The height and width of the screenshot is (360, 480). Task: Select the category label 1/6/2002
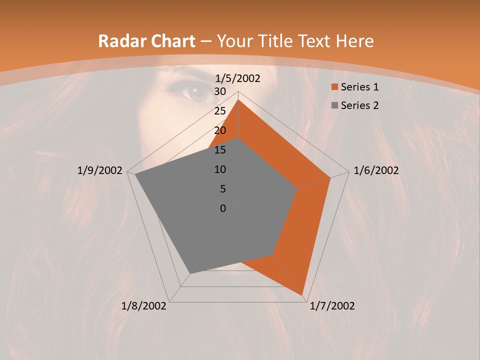(376, 170)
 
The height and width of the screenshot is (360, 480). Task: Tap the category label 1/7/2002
(332, 306)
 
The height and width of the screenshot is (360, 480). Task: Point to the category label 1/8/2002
(144, 306)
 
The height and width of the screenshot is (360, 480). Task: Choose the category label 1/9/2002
(100, 170)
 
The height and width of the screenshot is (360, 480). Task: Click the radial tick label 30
(220, 91)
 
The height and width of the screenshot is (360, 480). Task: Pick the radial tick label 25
(220, 111)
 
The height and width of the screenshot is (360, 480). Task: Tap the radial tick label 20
(220, 130)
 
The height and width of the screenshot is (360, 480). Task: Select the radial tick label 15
(220, 150)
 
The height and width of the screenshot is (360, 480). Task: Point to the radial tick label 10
(220, 169)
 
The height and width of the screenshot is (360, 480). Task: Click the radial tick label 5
(222, 189)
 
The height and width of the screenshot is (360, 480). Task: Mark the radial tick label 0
(223, 208)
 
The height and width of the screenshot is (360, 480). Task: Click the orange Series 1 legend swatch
(333, 87)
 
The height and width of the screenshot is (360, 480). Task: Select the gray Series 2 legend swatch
(333, 105)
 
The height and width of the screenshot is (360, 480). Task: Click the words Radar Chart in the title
(146, 41)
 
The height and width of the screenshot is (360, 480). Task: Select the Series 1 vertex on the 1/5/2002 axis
(238, 100)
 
